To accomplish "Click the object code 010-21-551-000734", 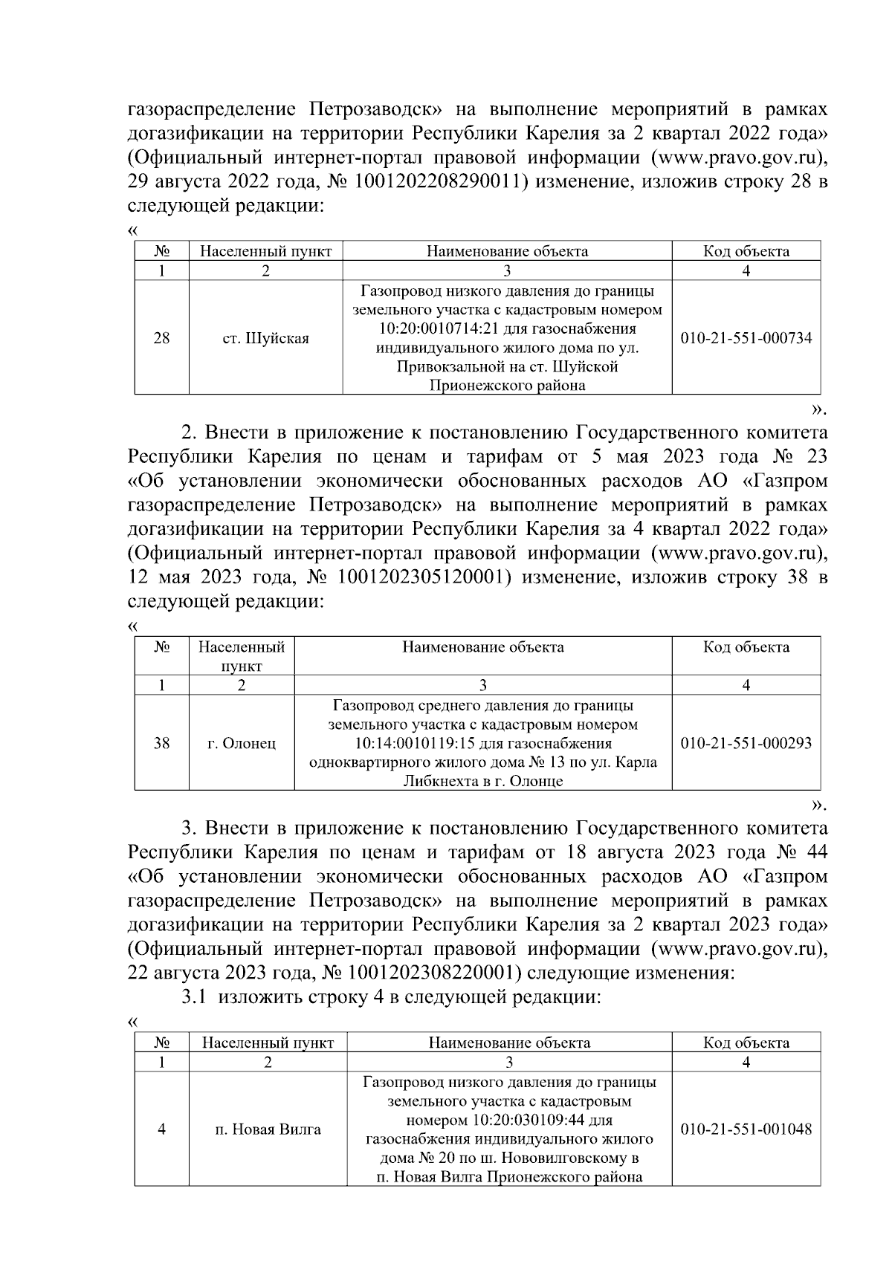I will (x=746, y=339).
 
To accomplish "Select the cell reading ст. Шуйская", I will (x=265, y=339).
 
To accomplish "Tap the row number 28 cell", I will (x=161, y=339).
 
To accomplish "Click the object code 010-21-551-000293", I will (x=746, y=742).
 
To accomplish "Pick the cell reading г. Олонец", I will (x=242, y=742).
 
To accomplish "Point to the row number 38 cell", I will (x=161, y=742).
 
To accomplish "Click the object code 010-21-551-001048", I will (x=746, y=1129).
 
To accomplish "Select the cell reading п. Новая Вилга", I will (x=268, y=1129).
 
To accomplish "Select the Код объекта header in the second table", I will (x=746, y=647).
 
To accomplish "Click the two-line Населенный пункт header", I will (x=242, y=655).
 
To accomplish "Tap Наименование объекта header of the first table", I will (x=507, y=251).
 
